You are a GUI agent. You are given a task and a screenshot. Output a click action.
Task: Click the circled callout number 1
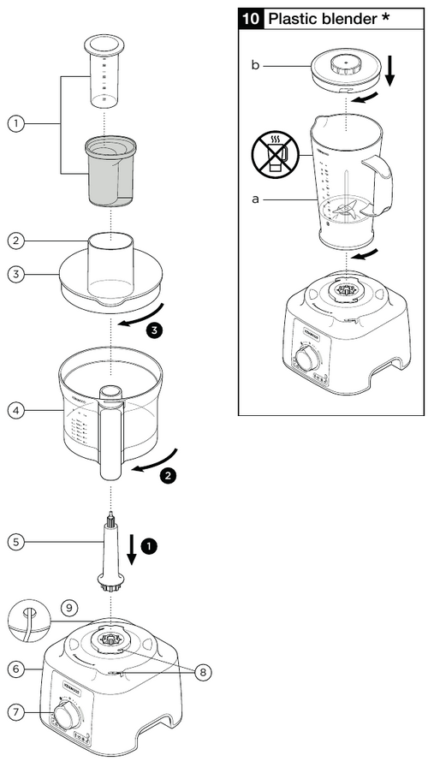click(16, 123)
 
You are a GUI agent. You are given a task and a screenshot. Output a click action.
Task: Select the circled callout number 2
click(16, 241)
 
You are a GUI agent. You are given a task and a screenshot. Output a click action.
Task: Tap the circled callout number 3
click(16, 274)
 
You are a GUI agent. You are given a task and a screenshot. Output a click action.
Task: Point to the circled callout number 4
click(16, 410)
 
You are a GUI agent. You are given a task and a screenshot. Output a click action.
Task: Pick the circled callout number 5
click(16, 541)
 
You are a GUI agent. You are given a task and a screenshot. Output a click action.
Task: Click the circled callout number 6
click(16, 669)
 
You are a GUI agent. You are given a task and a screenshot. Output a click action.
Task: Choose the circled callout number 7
click(16, 712)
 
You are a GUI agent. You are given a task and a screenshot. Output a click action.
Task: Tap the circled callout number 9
click(69, 609)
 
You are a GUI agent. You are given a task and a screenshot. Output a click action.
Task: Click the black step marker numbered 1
click(151, 544)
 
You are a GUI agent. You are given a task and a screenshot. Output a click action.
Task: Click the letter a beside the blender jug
click(254, 199)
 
